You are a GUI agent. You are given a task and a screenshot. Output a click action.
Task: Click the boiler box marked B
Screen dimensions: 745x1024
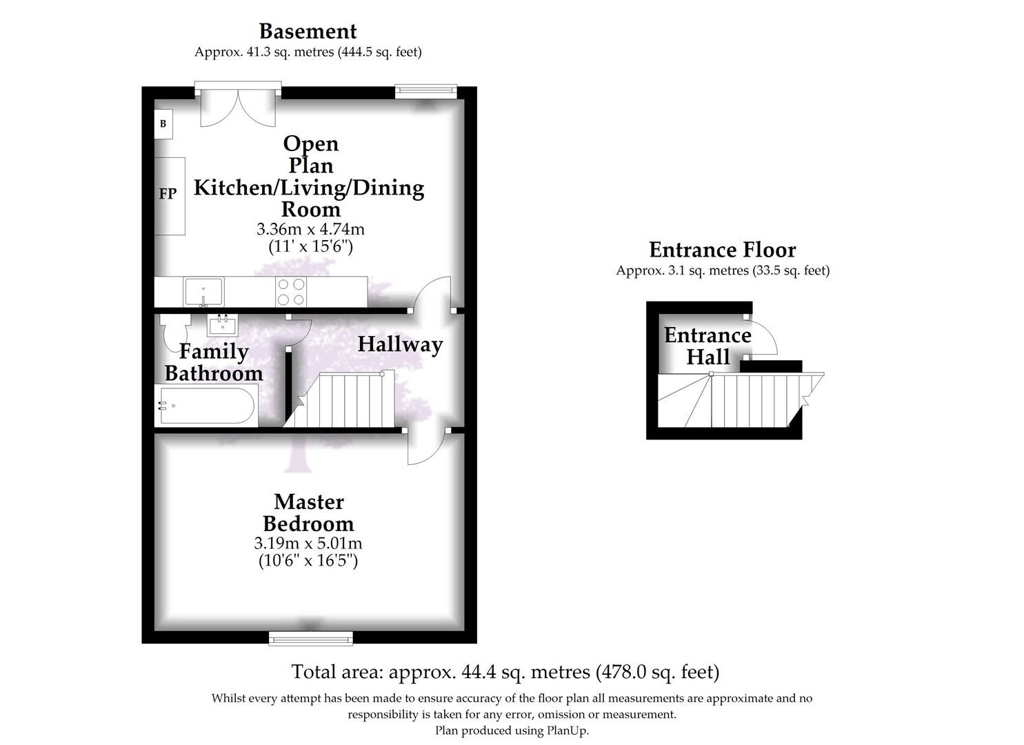click(x=163, y=124)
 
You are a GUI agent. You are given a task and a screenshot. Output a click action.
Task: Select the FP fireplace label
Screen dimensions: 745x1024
click(x=168, y=194)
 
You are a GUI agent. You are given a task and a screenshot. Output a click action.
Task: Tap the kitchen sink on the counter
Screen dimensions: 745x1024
click(x=203, y=291)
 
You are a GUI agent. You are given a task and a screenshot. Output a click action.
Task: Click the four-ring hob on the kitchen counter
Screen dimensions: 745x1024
click(x=290, y=291)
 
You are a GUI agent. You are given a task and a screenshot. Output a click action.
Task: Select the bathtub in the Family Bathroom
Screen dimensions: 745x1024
click(x=205, y=406)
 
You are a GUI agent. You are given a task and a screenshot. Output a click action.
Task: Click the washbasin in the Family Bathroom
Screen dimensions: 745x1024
click(x=222, y=324)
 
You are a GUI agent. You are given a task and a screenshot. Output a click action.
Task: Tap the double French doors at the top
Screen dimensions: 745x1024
click(x=238, y=107)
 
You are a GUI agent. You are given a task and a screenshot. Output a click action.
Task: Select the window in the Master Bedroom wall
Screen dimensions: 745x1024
click(x=310, y=638)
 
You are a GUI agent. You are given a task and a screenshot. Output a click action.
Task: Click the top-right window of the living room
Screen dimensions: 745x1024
click(x=425, y=91)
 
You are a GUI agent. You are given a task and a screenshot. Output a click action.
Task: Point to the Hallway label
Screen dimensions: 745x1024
click(x=399, y=344)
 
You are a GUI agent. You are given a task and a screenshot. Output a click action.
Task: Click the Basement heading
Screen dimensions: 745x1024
click(x=308, y=31)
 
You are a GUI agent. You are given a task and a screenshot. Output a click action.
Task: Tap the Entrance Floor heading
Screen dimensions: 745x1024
click(x=722, y=250)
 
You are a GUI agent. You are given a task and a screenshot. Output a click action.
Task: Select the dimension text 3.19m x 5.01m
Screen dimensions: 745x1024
click(x=308, y=543)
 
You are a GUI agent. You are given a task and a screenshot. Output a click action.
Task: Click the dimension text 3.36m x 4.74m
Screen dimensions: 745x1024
click(x=310, y=228)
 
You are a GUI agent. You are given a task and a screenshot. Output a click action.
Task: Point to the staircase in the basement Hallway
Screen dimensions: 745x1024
click(x=341, y=400)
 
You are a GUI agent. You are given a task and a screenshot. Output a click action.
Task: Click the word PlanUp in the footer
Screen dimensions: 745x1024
click(x=567, y=731)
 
